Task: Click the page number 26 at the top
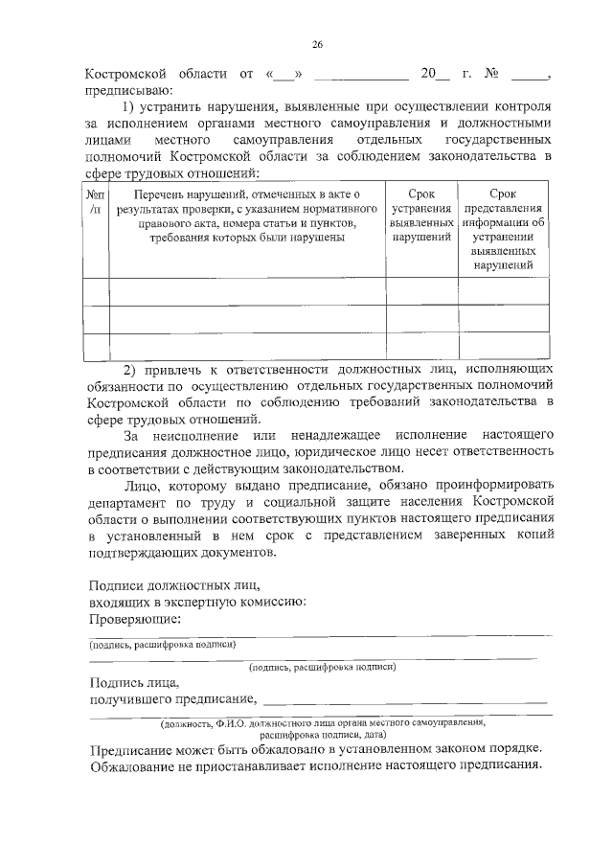(x=317, y=44)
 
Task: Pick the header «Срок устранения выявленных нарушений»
(x=421, y=216)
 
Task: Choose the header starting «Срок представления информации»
(x=503, y=230)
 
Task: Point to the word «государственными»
(x=500, y=141)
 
